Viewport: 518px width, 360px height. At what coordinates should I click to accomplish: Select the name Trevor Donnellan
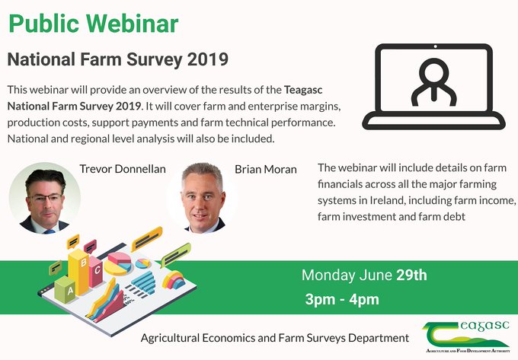pyautogui.click(x=123, y=169)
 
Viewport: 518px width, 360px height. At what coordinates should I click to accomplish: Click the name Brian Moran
pyautogui.click(x=266, y=169)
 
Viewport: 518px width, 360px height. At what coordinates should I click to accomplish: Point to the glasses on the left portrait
pyautogui.click(x=46, y=199)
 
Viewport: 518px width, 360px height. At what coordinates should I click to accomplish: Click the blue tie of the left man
pyautogui.click(x=50, y=231)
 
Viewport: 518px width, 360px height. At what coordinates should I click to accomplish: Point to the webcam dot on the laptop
pyautogui.click(x=436, y=46)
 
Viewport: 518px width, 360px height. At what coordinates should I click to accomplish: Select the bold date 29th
pyautogui.click(x=411, y=276)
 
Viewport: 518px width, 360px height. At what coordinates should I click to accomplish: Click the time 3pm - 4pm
pyautogui.click(x=342, y=299)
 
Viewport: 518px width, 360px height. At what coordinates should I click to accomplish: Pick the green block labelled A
pyautogui.click(x=65, y=289)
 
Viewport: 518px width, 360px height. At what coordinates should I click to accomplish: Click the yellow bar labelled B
pyautogui.click(x=78, y=271)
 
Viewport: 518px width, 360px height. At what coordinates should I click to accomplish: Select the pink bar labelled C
pyautogui.click(x=96, y=272)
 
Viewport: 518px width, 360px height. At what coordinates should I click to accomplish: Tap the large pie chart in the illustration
pyautogui.click(x=118, y=263)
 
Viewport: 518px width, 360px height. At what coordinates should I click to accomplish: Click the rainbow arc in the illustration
pyautogui.click(x=174, y=280)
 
